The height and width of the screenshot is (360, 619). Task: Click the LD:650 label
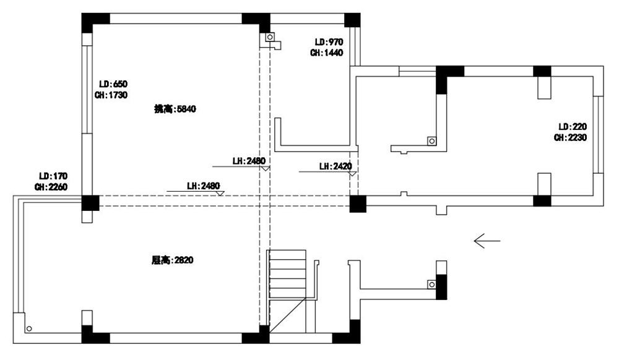[x=113, y=84]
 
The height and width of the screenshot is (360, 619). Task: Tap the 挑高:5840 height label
[x=175, y=109]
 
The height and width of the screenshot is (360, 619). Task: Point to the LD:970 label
[x=328, y=42]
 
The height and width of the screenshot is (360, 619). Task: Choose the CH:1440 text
[x=327, y=53]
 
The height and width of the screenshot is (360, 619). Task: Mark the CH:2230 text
[x=571, y=137]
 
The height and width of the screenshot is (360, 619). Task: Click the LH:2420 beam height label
[x=335, y=166]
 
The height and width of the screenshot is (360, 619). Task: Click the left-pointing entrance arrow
[x=487, y=241]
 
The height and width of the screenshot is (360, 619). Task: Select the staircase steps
[x=287, y=273]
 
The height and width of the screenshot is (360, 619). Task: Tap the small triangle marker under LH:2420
[x=352, y=174]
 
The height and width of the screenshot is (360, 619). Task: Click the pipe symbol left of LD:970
[x=270, y=38]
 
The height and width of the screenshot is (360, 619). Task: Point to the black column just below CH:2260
[x=90, y=203]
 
